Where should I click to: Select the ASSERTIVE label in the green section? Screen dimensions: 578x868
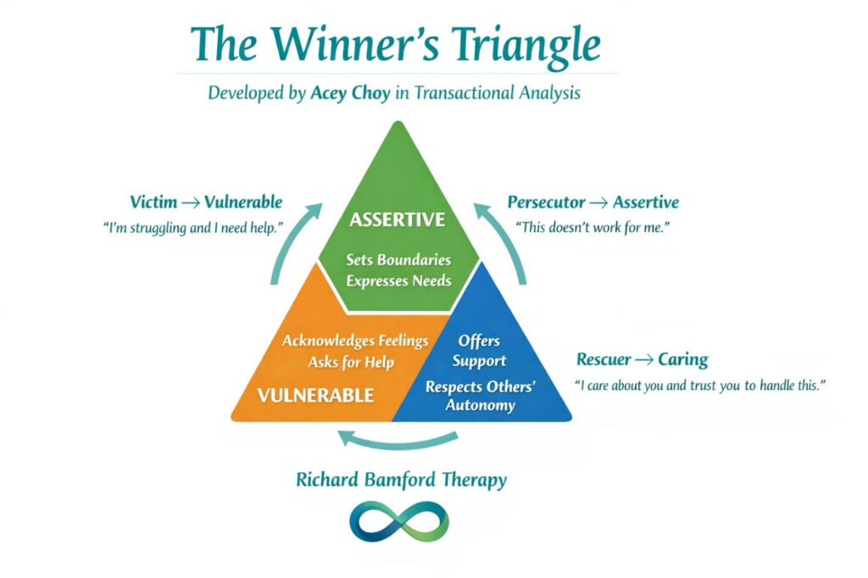click(x=397, y=220)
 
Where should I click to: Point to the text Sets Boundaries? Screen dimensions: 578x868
click(x=398, y=260)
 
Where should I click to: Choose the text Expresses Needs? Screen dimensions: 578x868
click(x=398, y=281)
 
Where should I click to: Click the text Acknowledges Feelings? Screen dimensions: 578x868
click(x=355, y=341)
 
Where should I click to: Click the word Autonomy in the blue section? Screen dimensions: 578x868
click(x=481, y=405)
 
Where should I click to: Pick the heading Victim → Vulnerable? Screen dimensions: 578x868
click(x=206, y=203)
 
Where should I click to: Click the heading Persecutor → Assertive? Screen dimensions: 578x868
click(x=593, y=203)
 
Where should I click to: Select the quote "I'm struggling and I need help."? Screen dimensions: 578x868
click(x=205, y=228)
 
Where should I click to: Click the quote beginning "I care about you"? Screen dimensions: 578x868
click(x=700, y=386)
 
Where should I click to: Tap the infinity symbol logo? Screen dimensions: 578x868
click(x=398, y=521)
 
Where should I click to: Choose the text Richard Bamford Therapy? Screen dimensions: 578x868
click(x=401, y=480)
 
